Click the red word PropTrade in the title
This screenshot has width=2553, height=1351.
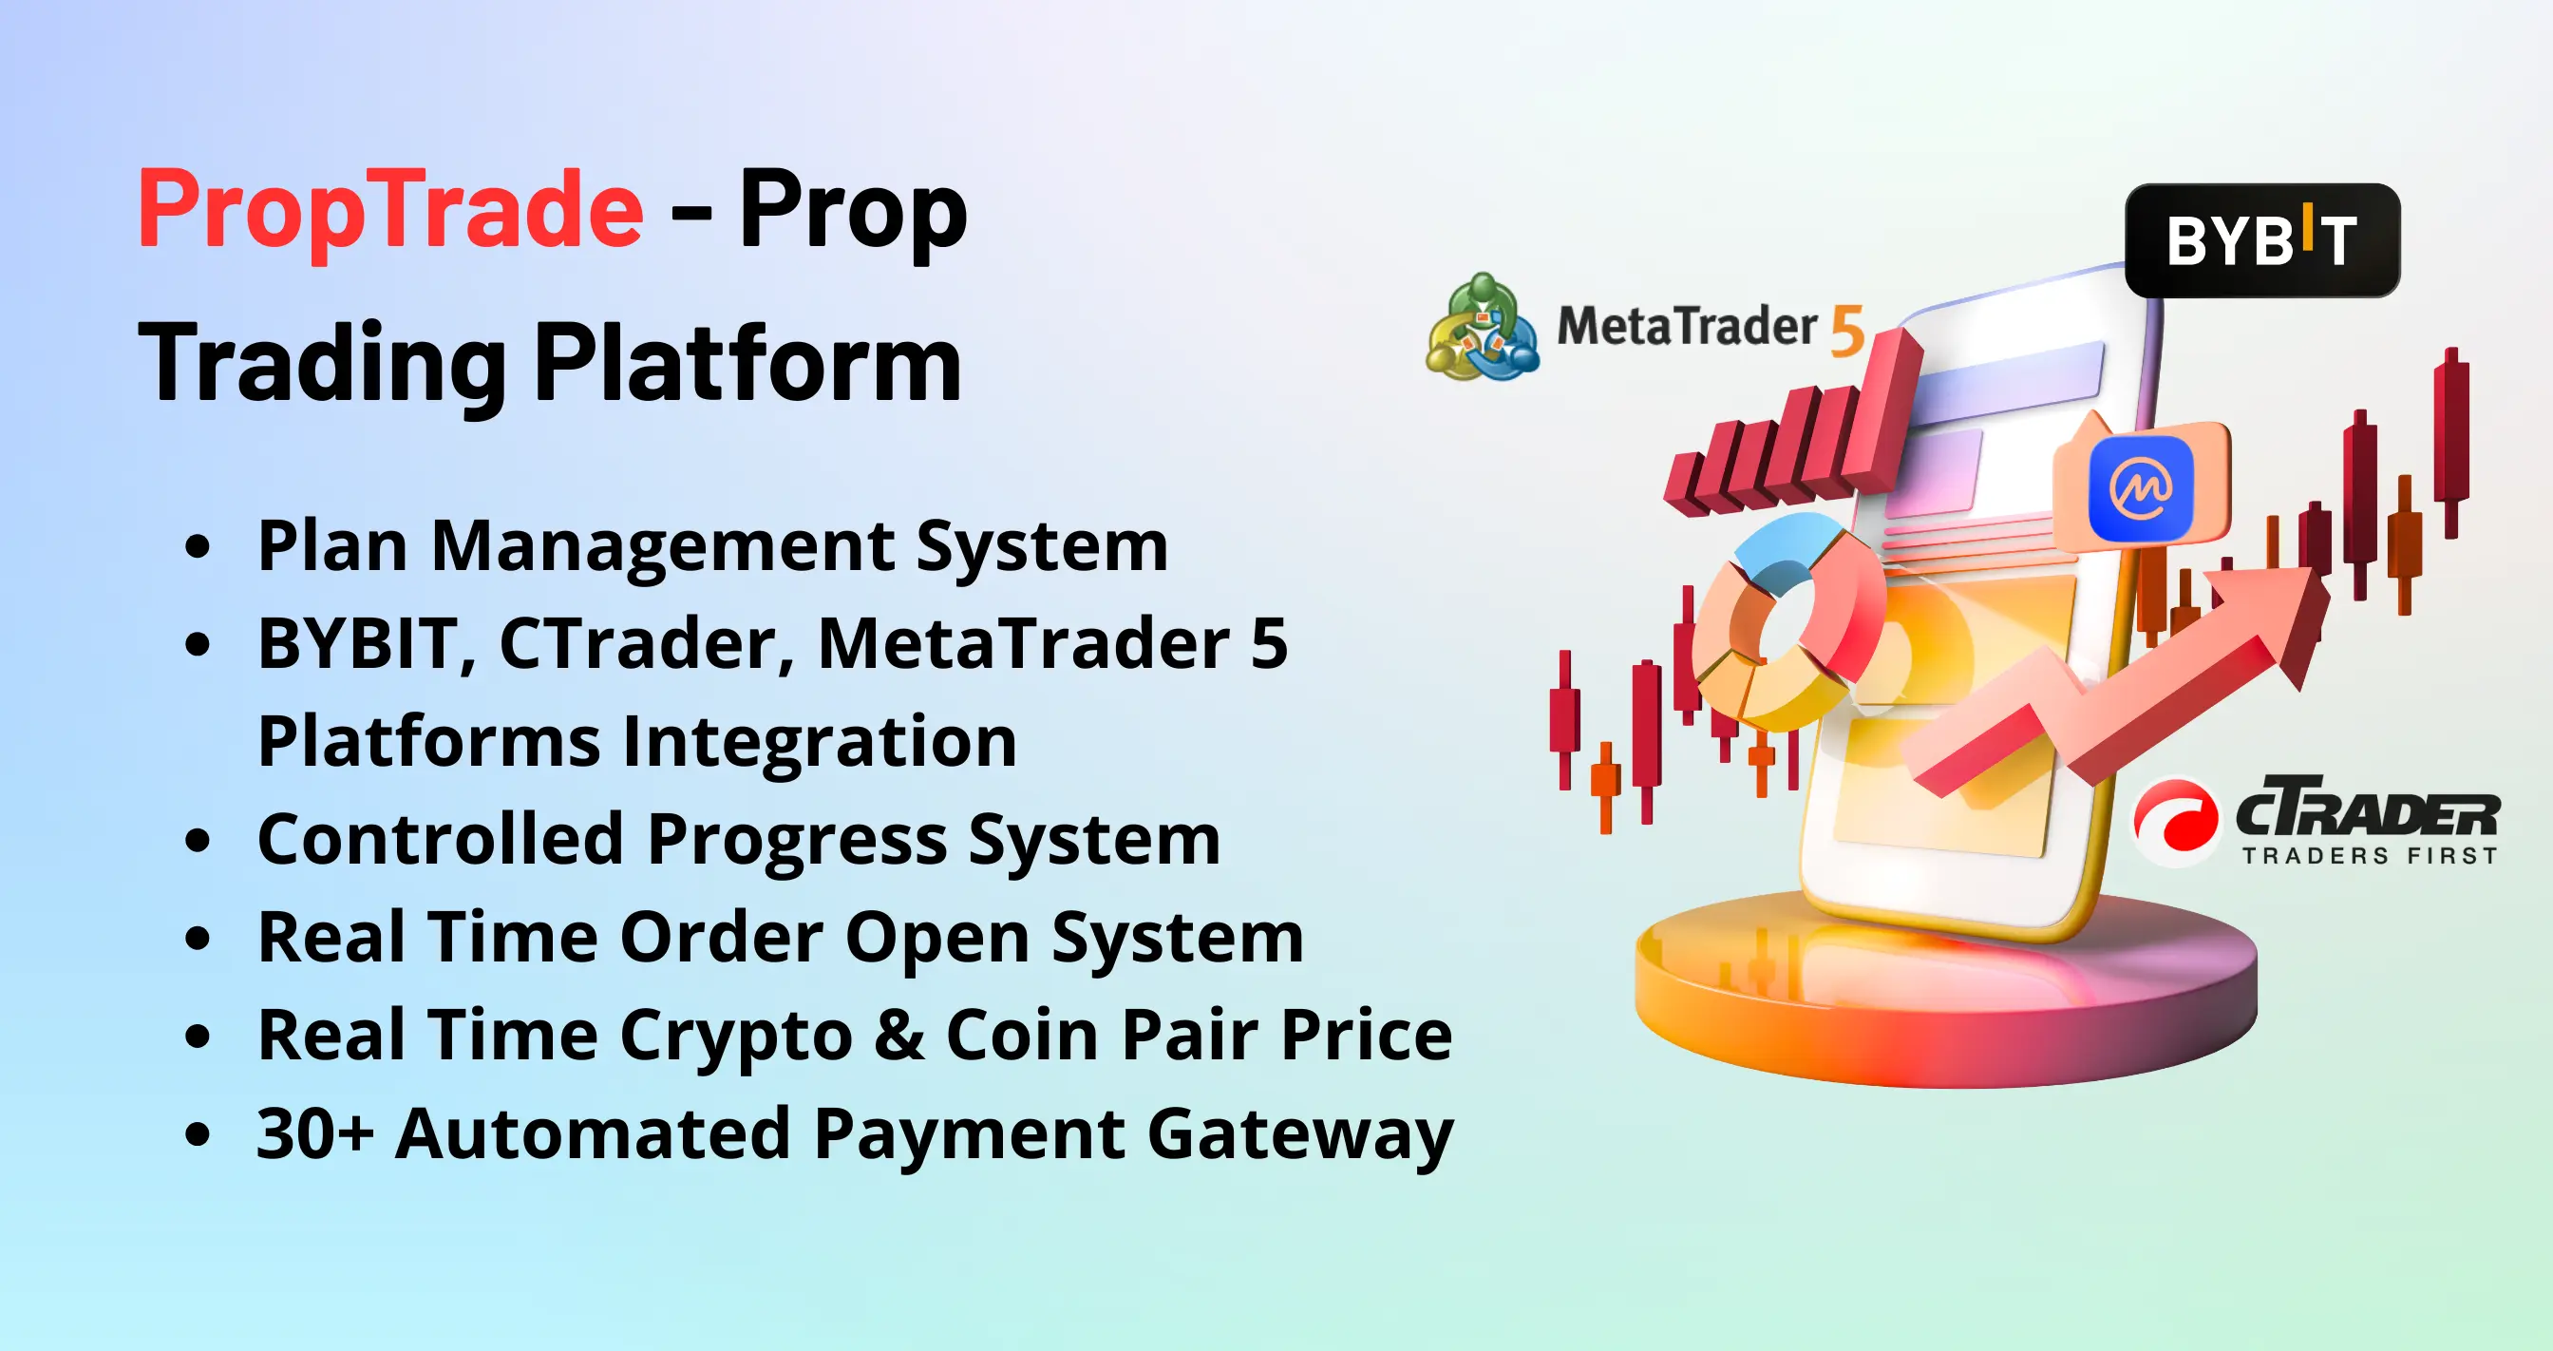point(390,211)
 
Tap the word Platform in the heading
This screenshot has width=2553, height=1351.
point(748,365)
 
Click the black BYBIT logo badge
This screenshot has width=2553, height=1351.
point(2262,239)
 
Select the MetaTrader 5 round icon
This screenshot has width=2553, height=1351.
point(1483,328)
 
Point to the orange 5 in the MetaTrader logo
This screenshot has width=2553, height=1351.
point(1847,330)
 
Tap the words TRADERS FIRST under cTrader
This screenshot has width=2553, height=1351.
point(2370,855)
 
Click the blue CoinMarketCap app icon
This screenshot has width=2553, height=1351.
point(2141,488)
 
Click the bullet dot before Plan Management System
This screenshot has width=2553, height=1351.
point(199,546)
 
